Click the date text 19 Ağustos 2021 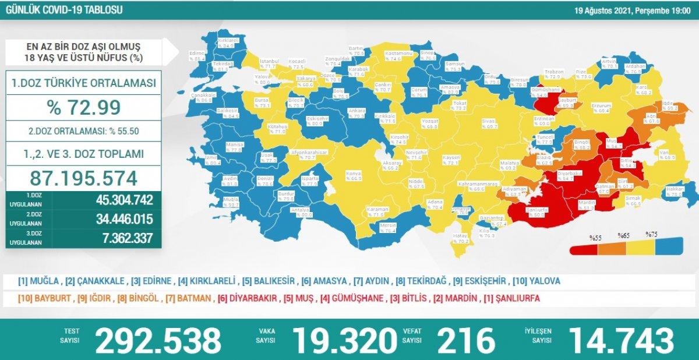point(600,10)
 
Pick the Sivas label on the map point(472,121)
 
